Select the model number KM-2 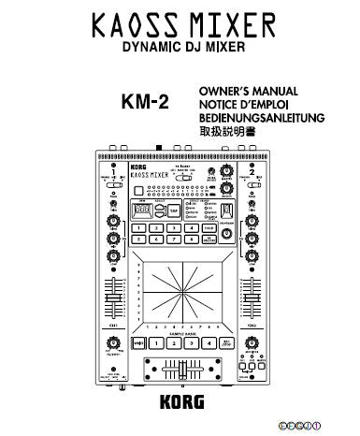pyautogui.click(x=146, y=104)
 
